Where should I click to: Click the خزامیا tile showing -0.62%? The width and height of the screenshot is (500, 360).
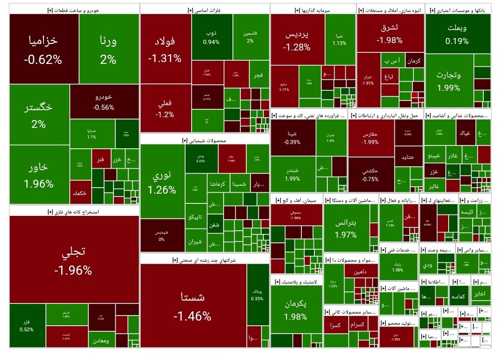[x=44, y=49]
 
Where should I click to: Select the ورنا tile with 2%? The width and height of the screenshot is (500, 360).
[x=109, y=49]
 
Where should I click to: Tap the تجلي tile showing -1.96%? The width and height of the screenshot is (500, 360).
[x=74, y=260]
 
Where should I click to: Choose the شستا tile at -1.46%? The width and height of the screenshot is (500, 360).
[x=193, y=306]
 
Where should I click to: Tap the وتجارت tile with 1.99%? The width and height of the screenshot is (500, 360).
[x=449, y=80]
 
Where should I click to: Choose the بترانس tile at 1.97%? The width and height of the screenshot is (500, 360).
[x=346, y=228]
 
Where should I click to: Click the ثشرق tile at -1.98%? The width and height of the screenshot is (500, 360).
[x=389, y=33]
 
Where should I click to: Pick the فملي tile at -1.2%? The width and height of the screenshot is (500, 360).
[x=165, y=109]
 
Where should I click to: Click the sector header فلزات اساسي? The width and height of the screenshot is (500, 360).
[x=205, y=9]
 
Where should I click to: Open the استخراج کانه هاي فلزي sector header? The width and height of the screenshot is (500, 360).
[x=74, y=211]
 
